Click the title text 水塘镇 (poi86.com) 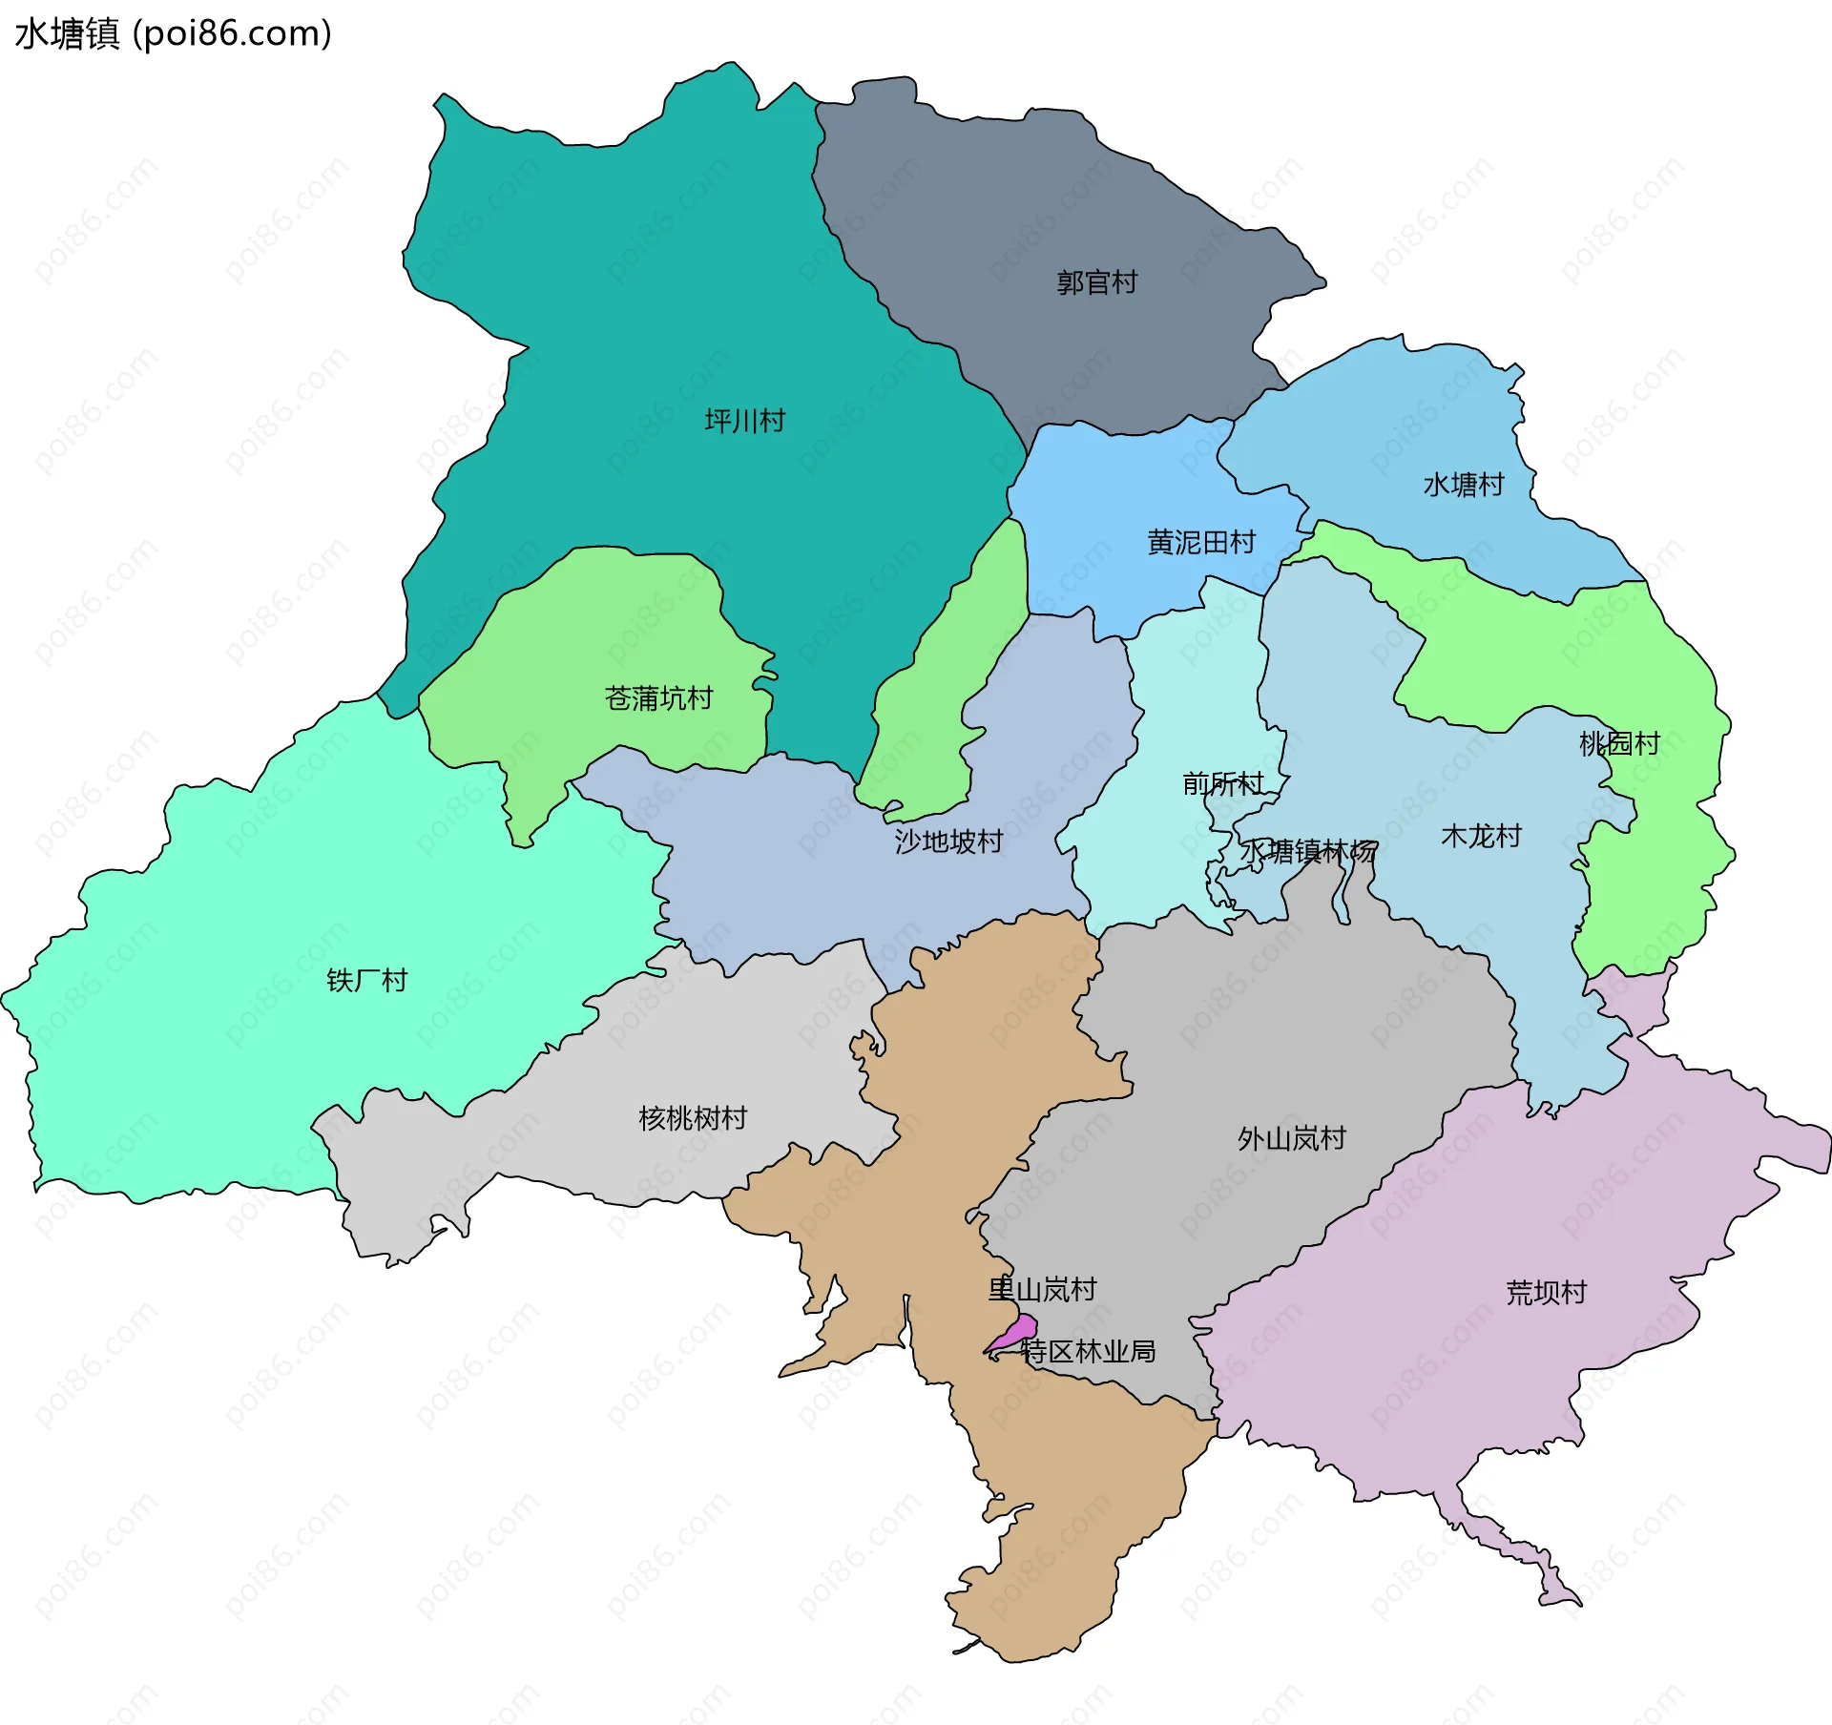pos(173,33)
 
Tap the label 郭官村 pos(1096,282)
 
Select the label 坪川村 pos(744,421)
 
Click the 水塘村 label pos(1463,485)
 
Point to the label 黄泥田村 pos(1200,543)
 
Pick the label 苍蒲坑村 pos(658,698)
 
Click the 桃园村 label pos(1619,743)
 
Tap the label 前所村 pos(1222,784)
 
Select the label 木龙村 pos(1481,837)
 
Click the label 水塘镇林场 pos(1308,851)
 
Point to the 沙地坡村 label pos(948,842)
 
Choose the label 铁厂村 pos(366,980)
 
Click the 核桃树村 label pos(692,1118)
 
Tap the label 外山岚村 pos(1291,1138)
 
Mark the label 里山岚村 pos(1042,1290)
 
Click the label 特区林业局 pos(1088,1351)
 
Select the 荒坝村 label pos(1546,1293)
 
